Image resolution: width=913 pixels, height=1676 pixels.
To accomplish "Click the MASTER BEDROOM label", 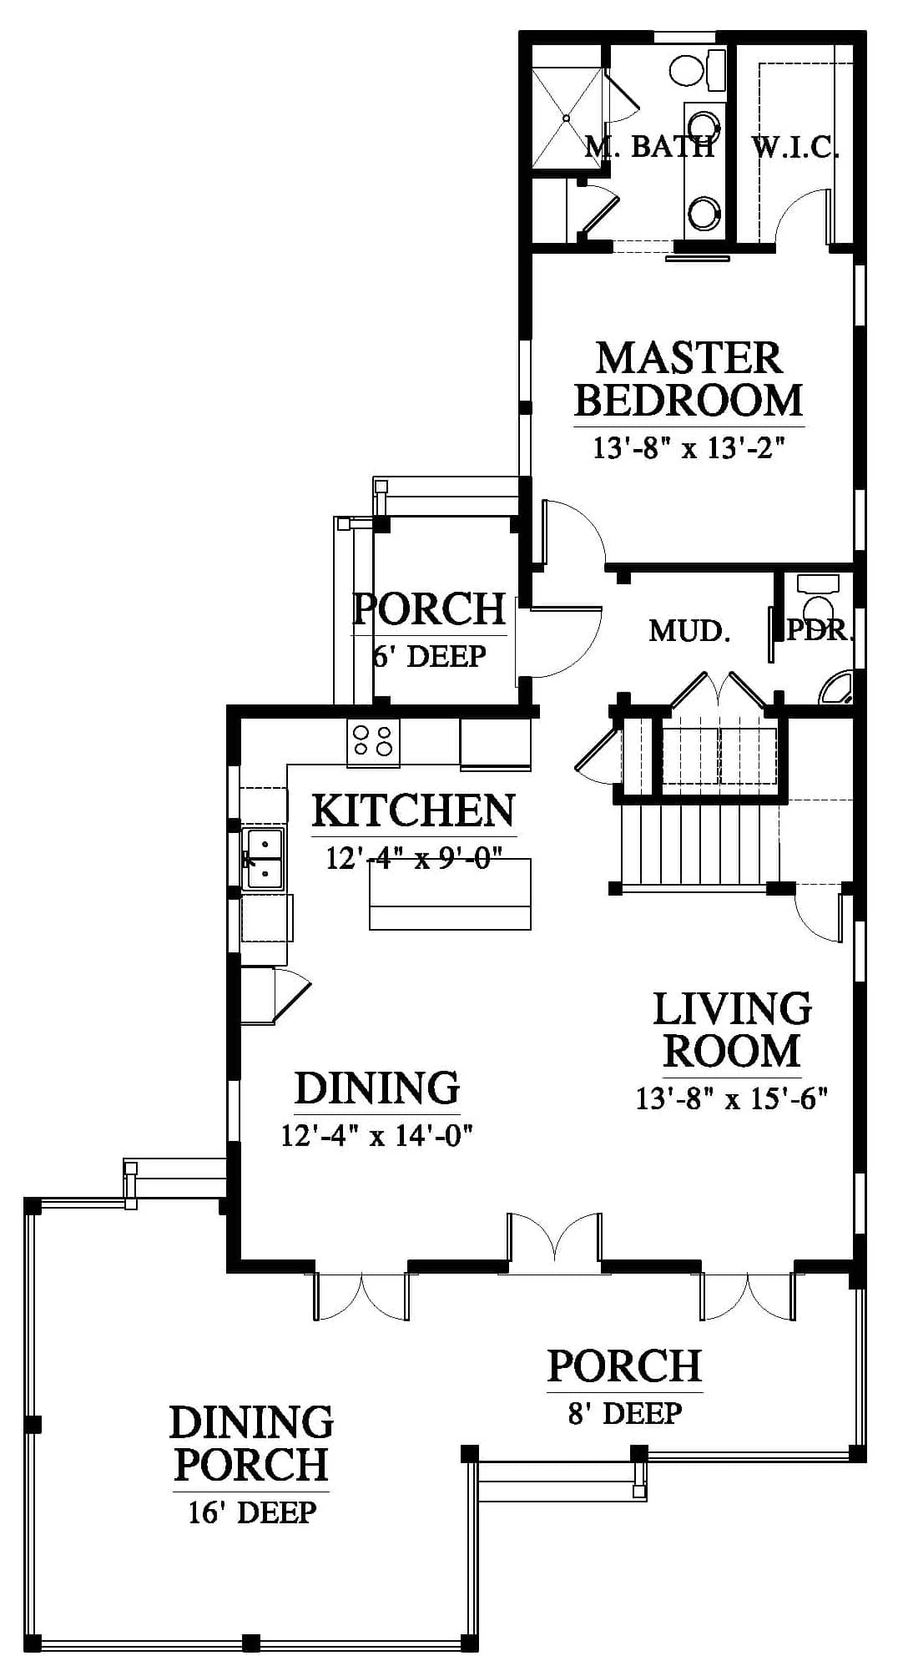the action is [689, 380].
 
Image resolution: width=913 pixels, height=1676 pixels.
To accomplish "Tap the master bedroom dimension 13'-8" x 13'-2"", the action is [689, 448].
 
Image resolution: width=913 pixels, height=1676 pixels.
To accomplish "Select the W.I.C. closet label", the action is [795, 148].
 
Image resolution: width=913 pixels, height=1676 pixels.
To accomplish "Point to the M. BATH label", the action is [650, 146].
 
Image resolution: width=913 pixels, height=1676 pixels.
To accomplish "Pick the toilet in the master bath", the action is [696, 68].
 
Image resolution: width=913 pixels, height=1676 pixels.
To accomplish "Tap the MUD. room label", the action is [690, 631].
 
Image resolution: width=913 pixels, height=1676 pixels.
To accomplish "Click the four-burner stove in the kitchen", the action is [374, 740].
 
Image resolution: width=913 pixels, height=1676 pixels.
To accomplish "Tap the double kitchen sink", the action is [263, 859].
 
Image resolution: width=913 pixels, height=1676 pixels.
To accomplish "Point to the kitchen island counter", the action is [450, 894].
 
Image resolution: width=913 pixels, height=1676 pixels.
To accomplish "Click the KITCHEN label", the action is [414, 810].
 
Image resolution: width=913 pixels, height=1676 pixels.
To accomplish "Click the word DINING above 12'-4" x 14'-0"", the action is [377, 1088].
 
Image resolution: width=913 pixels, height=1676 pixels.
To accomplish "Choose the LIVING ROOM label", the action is [732, 1029].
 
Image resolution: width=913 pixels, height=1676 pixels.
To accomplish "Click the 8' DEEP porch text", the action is [625, 1412].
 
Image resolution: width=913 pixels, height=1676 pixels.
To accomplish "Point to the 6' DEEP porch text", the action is [430, 656].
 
